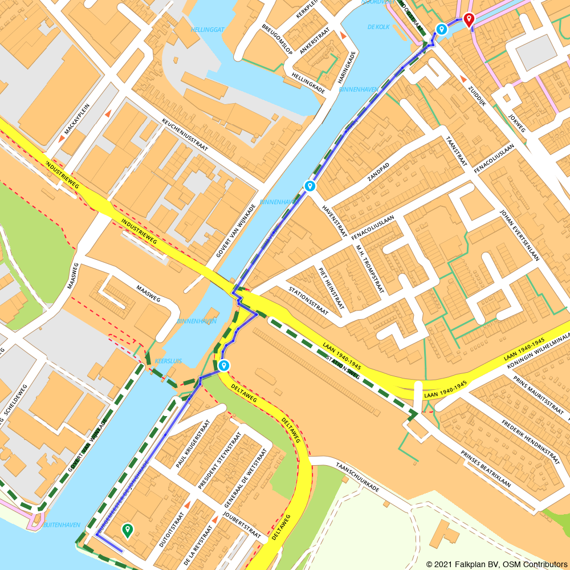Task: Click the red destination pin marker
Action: tap(469, 20)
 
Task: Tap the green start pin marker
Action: tap(127, 531)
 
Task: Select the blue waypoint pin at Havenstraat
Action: tap(310, 186)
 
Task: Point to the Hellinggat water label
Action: tap(207, 29)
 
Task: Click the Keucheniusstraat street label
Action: tap(185, 136)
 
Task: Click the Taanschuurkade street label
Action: tap(358, 477)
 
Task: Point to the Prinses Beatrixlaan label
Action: tap(486, 469)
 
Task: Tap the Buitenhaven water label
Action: tap(62, 524)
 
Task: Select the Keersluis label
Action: tap(168, 361)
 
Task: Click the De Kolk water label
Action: tap(378, 27)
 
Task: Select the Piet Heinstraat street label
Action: tap(332, 288)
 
